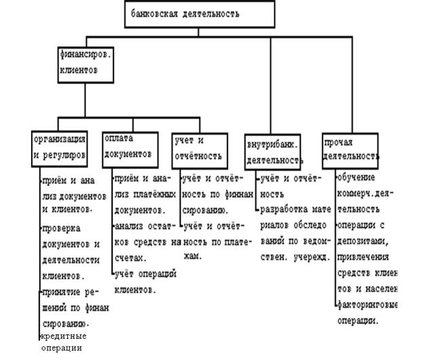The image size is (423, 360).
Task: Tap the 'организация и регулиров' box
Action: click(x=60, y=147)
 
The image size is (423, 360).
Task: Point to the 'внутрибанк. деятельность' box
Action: click(x=272, y=152)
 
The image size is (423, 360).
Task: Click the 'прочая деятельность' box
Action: click(x=350, y=147)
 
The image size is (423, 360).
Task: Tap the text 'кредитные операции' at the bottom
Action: click(x=65, y=342)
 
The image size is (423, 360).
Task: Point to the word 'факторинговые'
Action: click(x=367, y=305)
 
